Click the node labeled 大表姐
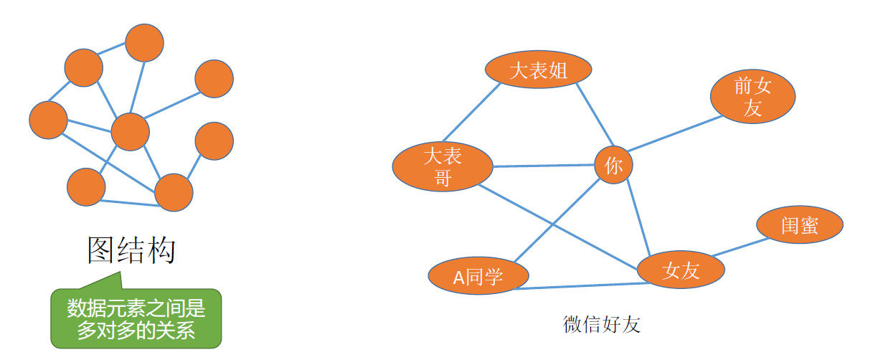pos(538,70)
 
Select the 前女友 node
pos(752,98)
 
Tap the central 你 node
pos(613,165)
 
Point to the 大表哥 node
pos(443,166)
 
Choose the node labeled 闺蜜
pos(799,225)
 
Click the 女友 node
pos(681,270)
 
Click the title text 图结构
pos(131,250)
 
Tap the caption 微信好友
pos(601,325)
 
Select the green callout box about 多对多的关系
pos(136,319)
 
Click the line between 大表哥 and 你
pos(544,166)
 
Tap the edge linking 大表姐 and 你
pos(597,115)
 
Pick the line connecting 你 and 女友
pos(638,218)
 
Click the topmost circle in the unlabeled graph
pos(145,42)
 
